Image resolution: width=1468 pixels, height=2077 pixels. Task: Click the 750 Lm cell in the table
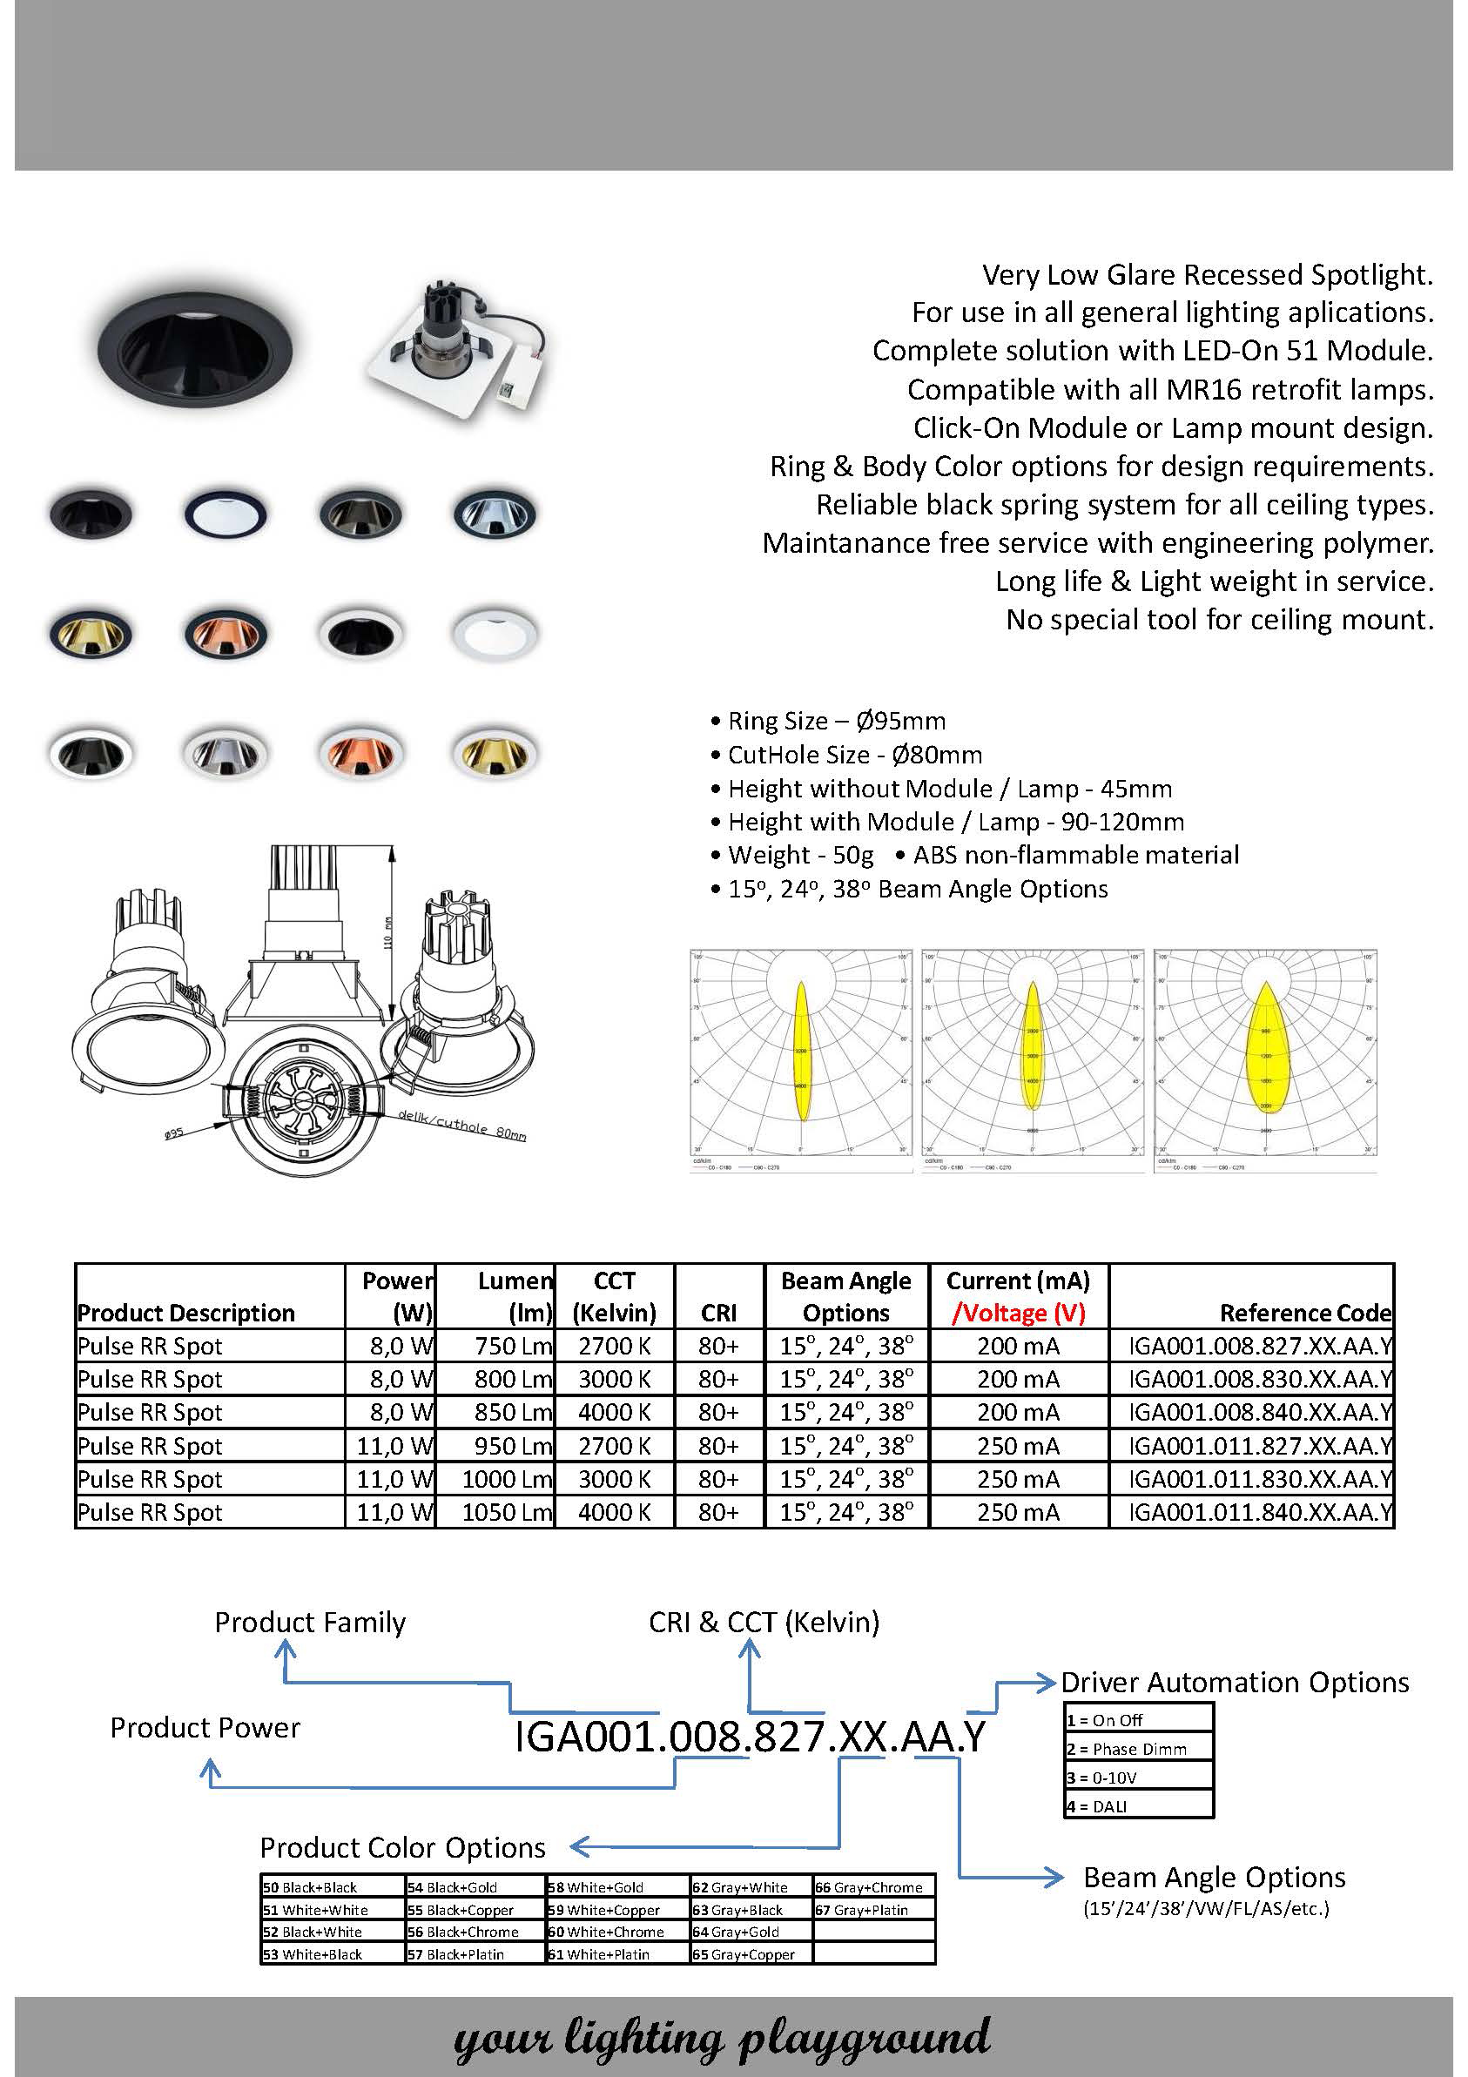click(x=512, y=1346)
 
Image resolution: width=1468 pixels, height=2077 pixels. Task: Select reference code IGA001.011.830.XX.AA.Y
click(x=1259, y=1479)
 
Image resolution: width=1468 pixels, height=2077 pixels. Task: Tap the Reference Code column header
click(x=1304, y=1313)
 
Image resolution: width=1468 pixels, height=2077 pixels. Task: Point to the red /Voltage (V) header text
click(x=1018, y=1313)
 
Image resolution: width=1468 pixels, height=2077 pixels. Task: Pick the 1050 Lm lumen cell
click(x=506, y=1513)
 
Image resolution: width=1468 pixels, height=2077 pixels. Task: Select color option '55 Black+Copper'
click(x=461, y=1910)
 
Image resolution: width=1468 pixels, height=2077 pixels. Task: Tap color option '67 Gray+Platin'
click(x=861, y=1910)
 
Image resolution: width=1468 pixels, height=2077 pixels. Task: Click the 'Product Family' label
click(x=309, y=1622)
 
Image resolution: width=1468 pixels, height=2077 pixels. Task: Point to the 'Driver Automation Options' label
click(x=1235, y=1683)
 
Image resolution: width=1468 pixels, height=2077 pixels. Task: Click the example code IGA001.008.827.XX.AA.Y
click(x=750, y=1736)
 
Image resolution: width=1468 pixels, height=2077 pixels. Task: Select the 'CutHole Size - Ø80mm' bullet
click(x=854, y=755)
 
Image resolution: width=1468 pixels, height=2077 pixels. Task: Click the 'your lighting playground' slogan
click(x=721, y=2037)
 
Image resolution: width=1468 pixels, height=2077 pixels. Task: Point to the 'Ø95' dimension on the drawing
click(x=174, y=1132)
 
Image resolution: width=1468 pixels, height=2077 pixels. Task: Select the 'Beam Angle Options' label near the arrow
click(x=1214, y=1878)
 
